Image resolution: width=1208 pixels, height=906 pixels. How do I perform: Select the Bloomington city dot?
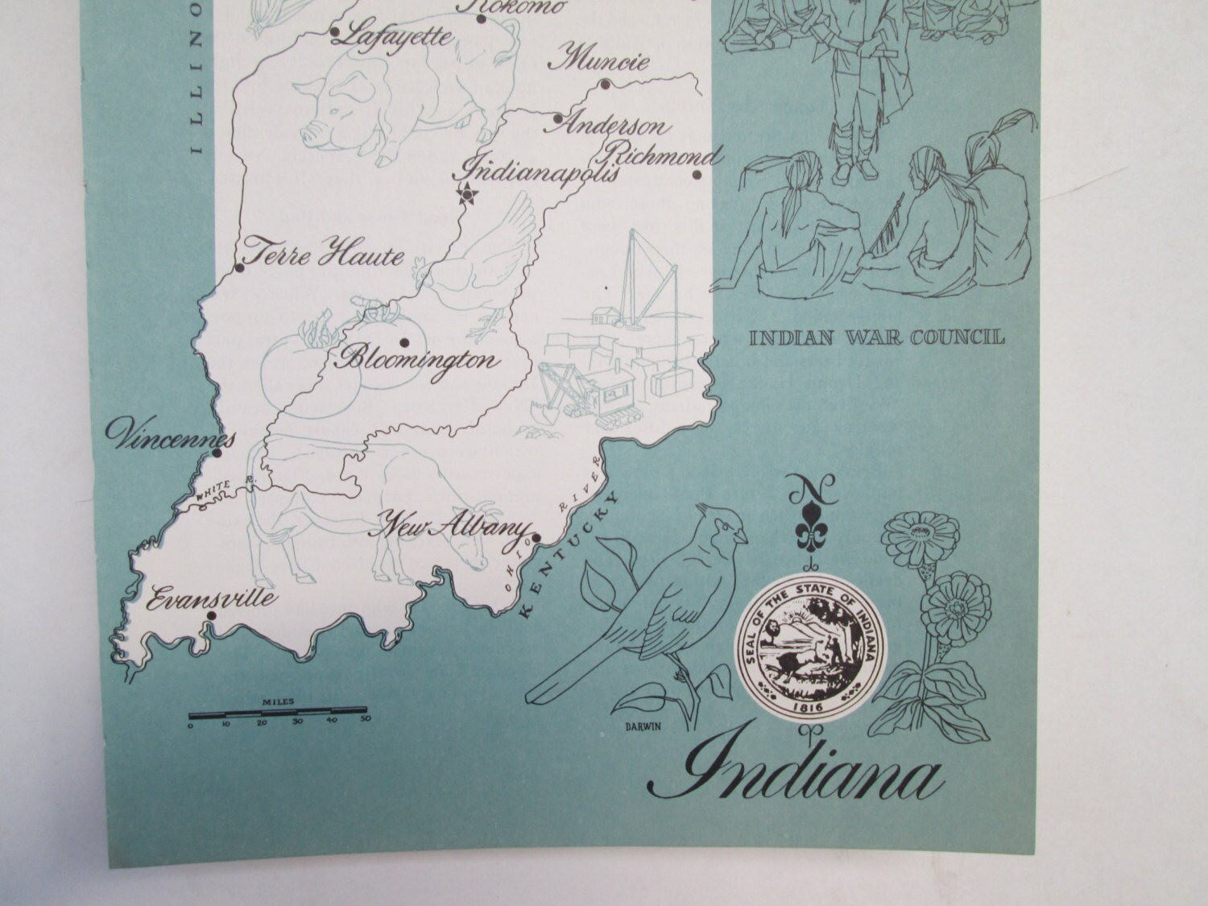pos(403,342)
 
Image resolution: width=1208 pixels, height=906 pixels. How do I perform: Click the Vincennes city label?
pos(171,436)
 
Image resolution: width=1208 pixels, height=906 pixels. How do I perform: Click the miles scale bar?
pos(278,712)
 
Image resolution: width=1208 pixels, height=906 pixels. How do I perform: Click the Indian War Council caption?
pos(877,337)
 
